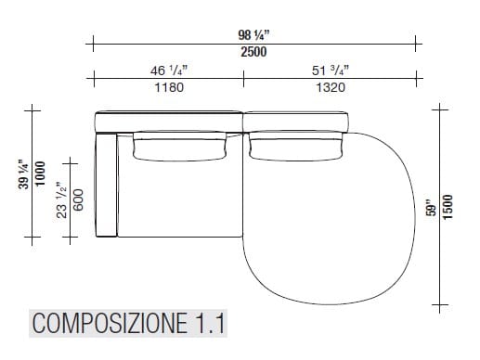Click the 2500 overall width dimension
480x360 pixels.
[253, 52]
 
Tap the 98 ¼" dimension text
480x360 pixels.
[253, 35]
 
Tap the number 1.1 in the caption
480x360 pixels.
[209, 324]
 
